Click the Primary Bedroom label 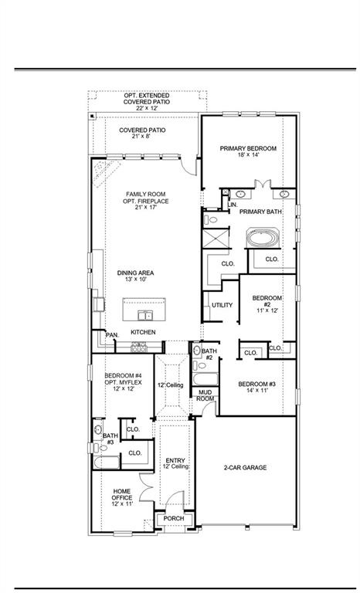[248, 148]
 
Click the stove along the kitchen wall [139, 348]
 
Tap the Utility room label [222, 306]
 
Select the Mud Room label [205, 395]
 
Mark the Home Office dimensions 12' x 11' [122, 503]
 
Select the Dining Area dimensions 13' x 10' [134, 280]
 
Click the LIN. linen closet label [232, 205]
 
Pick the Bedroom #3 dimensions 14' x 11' [257, 392]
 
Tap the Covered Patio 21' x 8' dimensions [142, 137]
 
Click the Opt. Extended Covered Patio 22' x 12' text [147, 101]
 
